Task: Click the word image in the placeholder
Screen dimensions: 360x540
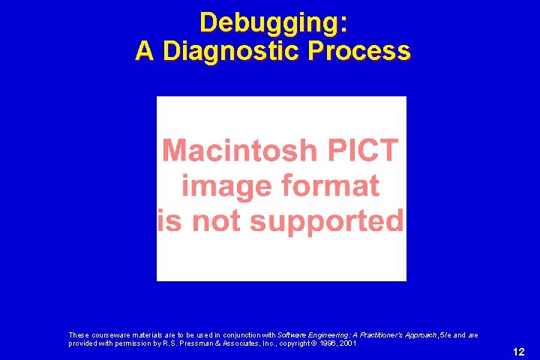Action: pos(218,185)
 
